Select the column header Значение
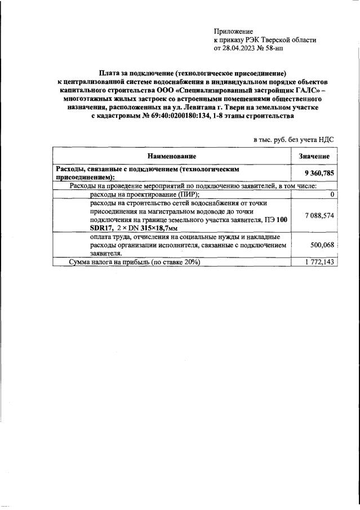pos(314,156)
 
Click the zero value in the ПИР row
pos(332,194)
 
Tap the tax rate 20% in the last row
pos(189,262)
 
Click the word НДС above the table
pos(326,138)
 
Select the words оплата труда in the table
pos(110,237)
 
